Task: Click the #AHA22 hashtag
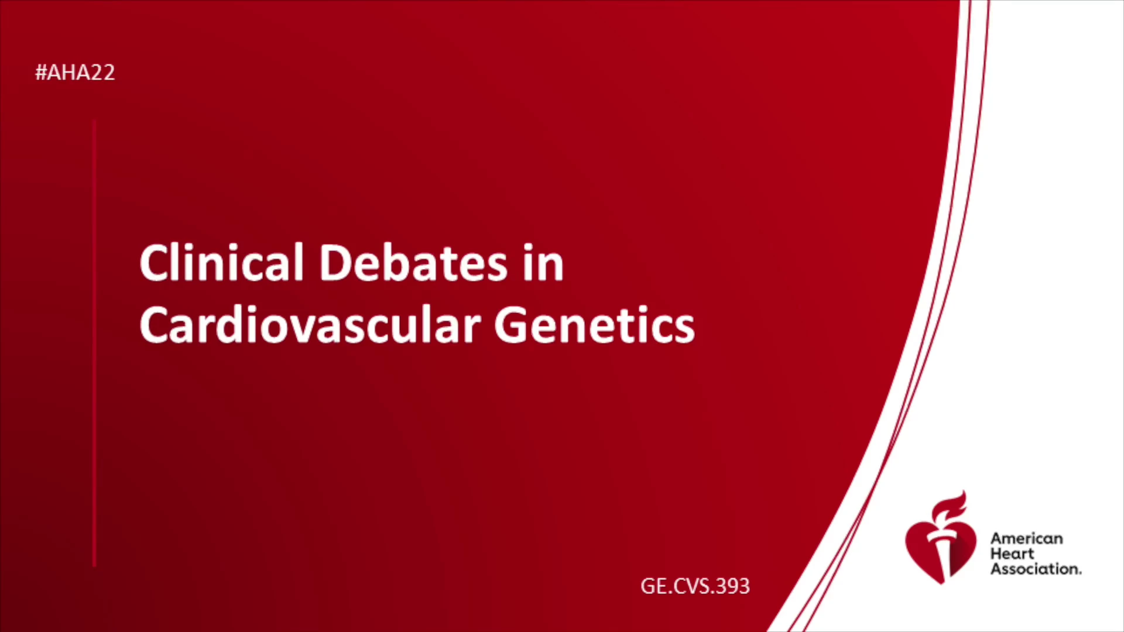coord(75,73)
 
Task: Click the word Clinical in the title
coord(221,263)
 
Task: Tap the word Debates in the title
coord(413,263)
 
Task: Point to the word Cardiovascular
coord(310,325)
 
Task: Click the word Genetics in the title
coord(595,325)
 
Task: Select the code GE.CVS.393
coord(695,586)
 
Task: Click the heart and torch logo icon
coord(940,538)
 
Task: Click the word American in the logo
coord(1026,538)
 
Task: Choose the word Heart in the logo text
coord(1012,554)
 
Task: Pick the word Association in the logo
coord(1036,569)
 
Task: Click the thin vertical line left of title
coord(94,343)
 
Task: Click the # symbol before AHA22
coord(41,73)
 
